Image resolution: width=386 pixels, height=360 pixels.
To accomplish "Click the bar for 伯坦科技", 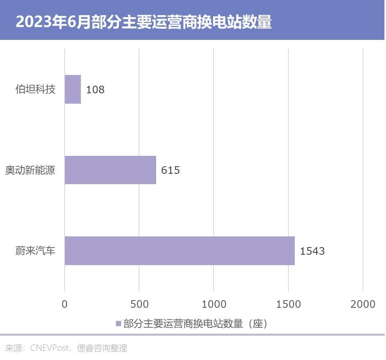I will coord(73,89).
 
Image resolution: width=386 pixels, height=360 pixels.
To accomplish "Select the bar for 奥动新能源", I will coord(110,170).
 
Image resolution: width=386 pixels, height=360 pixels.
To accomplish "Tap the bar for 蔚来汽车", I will coord(180,251).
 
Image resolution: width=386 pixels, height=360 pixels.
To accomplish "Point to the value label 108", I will coord(95,90).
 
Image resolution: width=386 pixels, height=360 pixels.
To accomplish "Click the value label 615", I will coord(170,170).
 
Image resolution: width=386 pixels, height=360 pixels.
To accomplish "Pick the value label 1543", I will coord(312,251).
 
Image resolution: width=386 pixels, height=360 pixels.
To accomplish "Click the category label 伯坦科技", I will coord(35,89).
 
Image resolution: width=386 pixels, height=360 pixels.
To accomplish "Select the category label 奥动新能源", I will coord(30,170).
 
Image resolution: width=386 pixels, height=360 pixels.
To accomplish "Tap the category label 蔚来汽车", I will coord(35,251).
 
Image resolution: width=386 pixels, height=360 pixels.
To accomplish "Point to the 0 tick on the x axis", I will coord(65,304).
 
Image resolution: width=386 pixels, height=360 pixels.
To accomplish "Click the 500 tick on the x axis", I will coord(139,304).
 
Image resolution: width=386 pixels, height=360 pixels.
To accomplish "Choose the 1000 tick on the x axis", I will coord(214,304).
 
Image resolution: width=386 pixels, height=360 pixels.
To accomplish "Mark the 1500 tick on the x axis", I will coord(288,304).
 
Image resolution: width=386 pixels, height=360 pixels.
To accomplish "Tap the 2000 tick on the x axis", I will coord(363,304).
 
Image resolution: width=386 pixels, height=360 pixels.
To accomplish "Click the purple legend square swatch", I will coord(118,324).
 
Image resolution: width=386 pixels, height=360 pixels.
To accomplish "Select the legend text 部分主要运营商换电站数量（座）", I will coord(196,324).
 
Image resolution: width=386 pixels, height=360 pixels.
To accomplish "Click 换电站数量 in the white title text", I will coord(233,22).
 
